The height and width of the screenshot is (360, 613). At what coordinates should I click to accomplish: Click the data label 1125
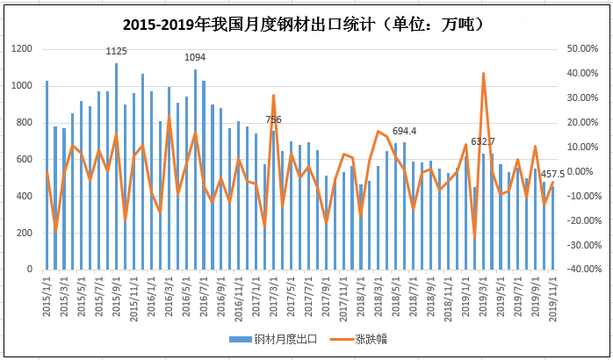pos(116,53)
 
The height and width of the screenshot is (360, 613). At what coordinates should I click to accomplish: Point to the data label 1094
pos(195,58)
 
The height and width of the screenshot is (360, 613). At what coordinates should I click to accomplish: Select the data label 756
pos(273,119)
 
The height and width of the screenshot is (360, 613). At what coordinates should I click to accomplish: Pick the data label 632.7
pos(483,141)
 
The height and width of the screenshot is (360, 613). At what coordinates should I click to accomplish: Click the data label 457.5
pos(552,174)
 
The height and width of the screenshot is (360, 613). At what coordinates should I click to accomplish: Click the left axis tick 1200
pos(25,49)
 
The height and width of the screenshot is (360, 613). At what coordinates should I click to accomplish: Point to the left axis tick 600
pos(27,159)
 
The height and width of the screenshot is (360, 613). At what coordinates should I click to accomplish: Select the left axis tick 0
pos(33,269)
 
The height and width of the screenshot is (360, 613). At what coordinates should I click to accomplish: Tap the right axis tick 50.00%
pos(582,49)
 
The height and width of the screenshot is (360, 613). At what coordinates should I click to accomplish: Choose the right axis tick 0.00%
pos(584,171)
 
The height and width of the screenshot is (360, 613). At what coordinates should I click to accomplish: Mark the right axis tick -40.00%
pos(581,269)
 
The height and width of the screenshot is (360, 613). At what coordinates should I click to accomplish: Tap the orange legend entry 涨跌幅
pos(368,338)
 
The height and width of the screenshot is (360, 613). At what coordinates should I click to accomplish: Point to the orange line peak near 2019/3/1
pos(483,74)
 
